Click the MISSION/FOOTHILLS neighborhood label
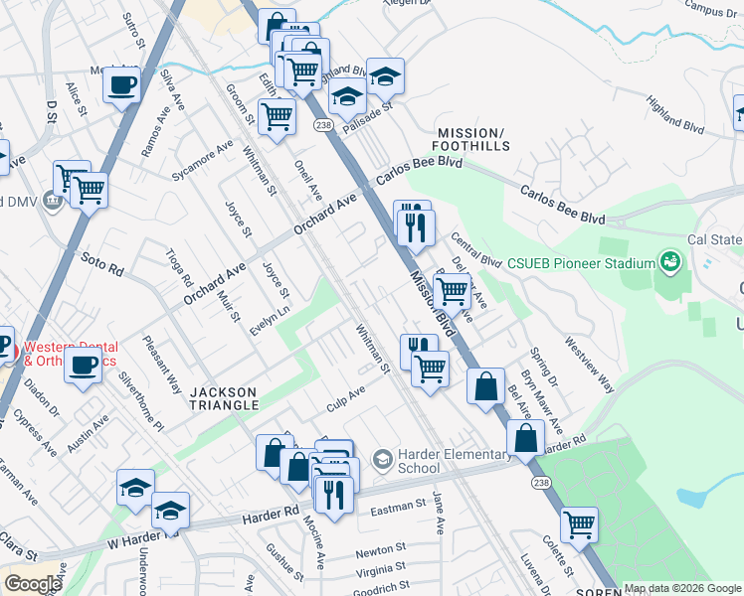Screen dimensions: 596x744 [473, 139]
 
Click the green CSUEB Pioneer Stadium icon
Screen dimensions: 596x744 [670, 262]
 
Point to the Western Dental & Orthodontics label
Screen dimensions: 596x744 [70, 354]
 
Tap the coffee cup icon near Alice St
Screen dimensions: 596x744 [121, 85]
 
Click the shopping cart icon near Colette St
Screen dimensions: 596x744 [579, 523]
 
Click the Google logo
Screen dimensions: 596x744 [32, 584]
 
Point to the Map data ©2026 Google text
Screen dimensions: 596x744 [682, 588]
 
